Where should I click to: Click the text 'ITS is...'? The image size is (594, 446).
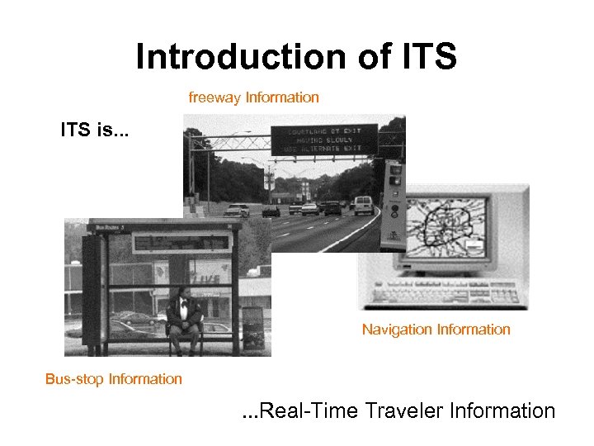[93, 130]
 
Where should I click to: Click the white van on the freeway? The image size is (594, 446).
[363, 204]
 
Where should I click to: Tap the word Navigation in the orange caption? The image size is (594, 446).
[397, 330]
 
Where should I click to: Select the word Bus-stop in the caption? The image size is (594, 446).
[73, 379]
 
